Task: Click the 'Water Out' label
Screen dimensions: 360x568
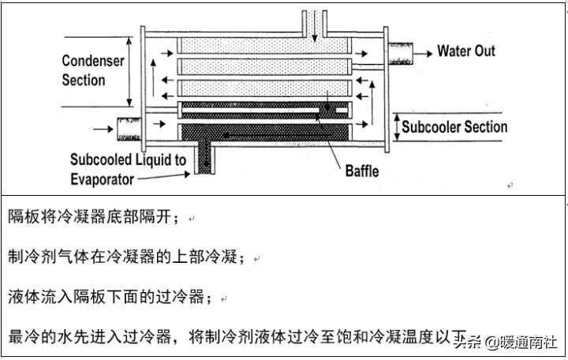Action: pyautogui.click(x=466, y=51)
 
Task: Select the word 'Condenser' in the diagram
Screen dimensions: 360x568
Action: pyautogui.click(x=93, y=61)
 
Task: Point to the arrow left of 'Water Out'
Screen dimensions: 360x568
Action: pyautogui.click(x=423, y=52)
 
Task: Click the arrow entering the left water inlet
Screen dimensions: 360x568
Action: pyautogui.click(x=102, y=126)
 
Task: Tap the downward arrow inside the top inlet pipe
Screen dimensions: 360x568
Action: pyautogui.click(x=314, y=24)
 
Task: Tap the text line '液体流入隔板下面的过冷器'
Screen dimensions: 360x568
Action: pyautogui.click(x=110, y=297)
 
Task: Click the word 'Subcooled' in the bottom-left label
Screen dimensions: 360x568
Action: pyautogui.click(x=100, y=160)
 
